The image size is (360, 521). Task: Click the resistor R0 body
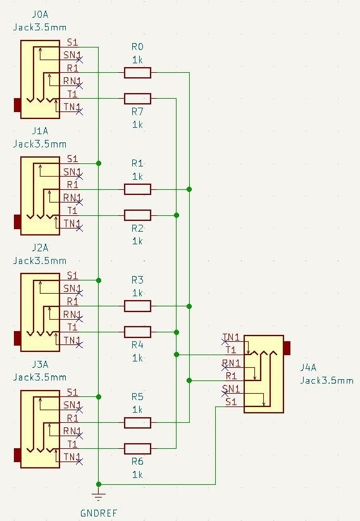click(x=137, y=72)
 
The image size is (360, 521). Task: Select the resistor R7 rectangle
click(x=137, y=99)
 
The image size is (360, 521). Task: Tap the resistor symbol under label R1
click(x=137, y=189)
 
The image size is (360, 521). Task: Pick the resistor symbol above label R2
click(x=137, y=215)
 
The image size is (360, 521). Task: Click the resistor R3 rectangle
click(x=137, y=306)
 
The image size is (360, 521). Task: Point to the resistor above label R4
click(x=137, y=332)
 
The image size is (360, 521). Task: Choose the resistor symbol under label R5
click(x=137, y=423)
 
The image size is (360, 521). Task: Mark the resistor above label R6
click(x=137, y=449)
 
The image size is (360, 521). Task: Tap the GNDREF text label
click(x=99, y=513)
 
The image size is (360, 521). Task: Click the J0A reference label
click(x=40, y=15)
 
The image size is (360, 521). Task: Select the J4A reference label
click(x=308, y=368)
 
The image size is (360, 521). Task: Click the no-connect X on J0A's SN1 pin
click(x=79, y=60)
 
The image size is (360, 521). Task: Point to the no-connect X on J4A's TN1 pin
click(x=225, y=342)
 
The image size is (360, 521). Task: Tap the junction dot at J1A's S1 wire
click(x=98, y=163)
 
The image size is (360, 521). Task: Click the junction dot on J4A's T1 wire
click(x=177, y=355)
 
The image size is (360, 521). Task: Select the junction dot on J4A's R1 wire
click(x=189, y=380)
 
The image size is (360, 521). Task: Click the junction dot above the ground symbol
click(x=98, y=484)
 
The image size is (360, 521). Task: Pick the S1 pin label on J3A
click(x=72, y=392)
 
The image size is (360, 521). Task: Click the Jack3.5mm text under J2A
click(x=40, y=261)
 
